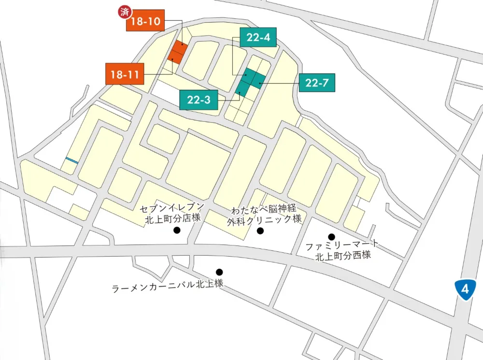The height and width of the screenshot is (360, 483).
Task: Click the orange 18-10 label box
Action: pyautogui.click(x=145, y=21)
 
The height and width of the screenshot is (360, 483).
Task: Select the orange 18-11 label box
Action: pyautogui.click(x=125, y=74)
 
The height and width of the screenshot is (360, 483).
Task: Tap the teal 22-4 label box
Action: pyautogui.click(x=258, y=38)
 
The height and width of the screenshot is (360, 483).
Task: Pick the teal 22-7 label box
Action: pyautogui.click(x=317, y=83)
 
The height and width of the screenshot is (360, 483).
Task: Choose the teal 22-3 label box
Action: pyautogui.click(x=199, y=100)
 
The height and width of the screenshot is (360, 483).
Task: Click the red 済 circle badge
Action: pyautogui.click(x=125, y=12)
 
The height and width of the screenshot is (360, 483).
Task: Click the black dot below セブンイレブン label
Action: pyautogui.click(x=177, y=230)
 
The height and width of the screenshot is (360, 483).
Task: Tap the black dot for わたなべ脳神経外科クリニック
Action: pyautogui.click(x=260, y=231)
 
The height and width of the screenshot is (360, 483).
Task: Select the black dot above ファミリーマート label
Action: pyautogui.click(x=332, y=236)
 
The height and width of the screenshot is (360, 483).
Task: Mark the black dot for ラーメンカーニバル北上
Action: pyautogui.click(x=219, y=272)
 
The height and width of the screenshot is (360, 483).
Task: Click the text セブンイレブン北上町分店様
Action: pyautogui.click(x=172, y=213)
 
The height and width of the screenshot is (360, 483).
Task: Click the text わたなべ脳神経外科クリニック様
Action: pyautogui.click(x=265, y=214)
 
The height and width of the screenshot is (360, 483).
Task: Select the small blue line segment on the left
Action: pyautogui.click(x=72, y=160)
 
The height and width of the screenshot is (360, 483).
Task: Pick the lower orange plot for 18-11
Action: pyautogui.click(x=174, y=58)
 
